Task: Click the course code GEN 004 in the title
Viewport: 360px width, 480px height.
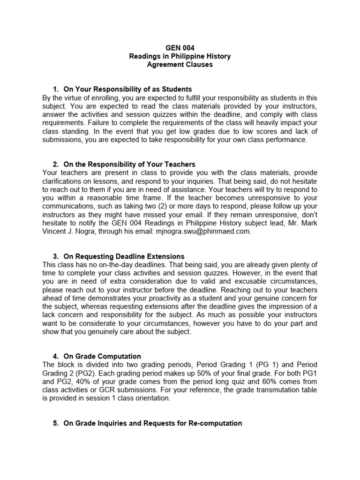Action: click(180, 48)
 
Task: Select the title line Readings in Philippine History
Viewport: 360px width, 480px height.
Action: click(180, 56)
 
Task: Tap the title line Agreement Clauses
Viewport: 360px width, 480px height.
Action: click(180, 65)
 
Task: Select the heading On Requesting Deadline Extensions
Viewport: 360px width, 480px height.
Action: click(124, 256)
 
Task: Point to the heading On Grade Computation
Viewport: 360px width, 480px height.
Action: click(102, 356)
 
